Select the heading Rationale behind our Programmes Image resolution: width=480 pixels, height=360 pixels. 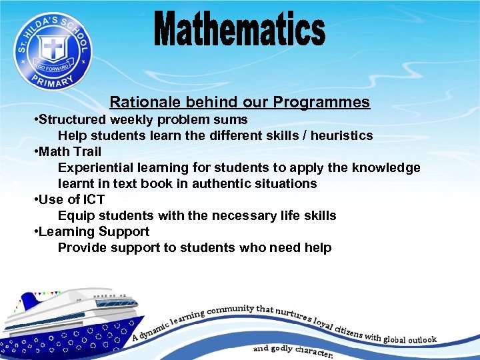coord(239,102)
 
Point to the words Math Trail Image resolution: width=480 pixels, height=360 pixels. coord(70,151)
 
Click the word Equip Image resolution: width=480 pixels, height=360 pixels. coord(74,215)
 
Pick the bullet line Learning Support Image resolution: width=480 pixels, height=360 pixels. coord(93,231)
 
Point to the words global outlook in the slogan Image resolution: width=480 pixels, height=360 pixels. coord(409,339)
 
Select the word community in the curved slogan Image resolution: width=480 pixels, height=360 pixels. coord(231,309)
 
